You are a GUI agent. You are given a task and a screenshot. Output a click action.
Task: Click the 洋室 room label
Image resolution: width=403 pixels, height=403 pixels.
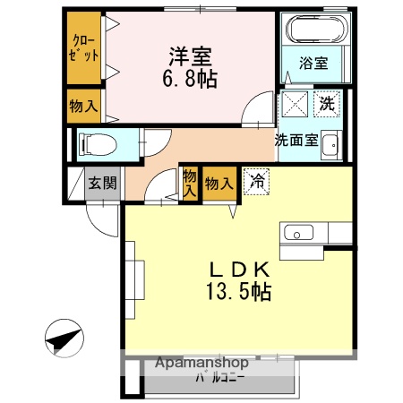pos(189,56)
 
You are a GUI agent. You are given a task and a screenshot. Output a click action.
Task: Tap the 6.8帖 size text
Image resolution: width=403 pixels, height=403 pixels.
pos(190,78)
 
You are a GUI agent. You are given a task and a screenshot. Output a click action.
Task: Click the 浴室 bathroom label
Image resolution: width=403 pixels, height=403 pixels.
pos(313,64)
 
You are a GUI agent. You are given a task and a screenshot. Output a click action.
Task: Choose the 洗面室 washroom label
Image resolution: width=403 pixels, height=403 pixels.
pos(296,140)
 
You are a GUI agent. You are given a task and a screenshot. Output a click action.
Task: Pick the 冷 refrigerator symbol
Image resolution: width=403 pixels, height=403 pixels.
pos(257,179)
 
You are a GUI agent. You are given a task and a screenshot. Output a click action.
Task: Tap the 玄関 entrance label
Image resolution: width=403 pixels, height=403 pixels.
pos(101,184)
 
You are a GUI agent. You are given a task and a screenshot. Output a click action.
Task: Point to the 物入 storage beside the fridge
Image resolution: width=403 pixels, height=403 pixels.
pos(219,184)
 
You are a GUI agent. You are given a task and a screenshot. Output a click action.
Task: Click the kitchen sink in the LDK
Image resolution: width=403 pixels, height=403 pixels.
pos(297,234)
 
